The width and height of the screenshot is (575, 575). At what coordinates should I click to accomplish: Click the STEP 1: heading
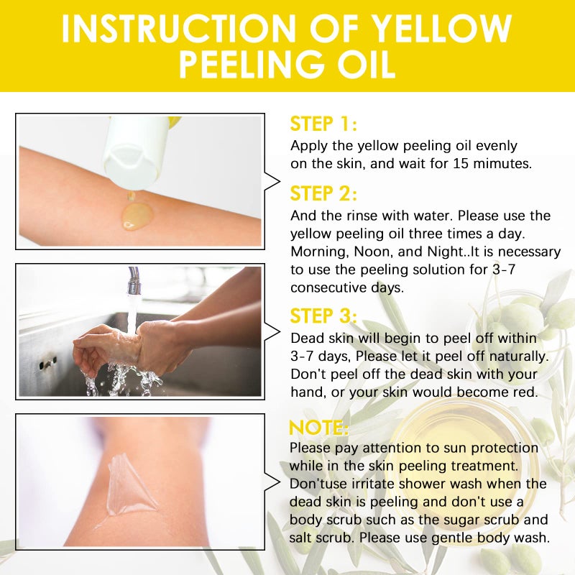click(x=323, y=124)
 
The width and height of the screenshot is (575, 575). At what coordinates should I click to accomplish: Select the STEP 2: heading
click(x=323, y=194)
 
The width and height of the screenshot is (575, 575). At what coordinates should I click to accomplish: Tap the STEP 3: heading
click(x=323, y=316)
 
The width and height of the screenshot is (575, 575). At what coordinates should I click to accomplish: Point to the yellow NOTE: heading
click(x=318, y=428)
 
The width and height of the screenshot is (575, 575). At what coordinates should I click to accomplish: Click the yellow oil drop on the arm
click(x=137, y=215)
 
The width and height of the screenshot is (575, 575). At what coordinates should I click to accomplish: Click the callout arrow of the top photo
click(x=272, y=181)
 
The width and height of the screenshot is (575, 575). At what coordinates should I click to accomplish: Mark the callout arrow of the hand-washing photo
click(x=272, y=331)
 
